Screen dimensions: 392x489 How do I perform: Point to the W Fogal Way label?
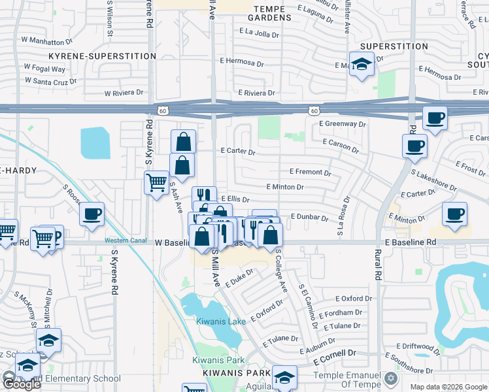tap(44, 67)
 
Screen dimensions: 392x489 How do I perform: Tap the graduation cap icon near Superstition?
tap(362, 64)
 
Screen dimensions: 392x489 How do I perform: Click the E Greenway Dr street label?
tap(342, 123)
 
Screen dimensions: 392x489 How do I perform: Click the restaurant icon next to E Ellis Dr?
tap(204, 195)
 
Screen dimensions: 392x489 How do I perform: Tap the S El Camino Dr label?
tap(307, 306)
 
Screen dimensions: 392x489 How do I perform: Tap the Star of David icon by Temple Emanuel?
tap(392, 378)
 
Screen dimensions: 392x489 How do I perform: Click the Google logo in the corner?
tap(21, 384)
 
